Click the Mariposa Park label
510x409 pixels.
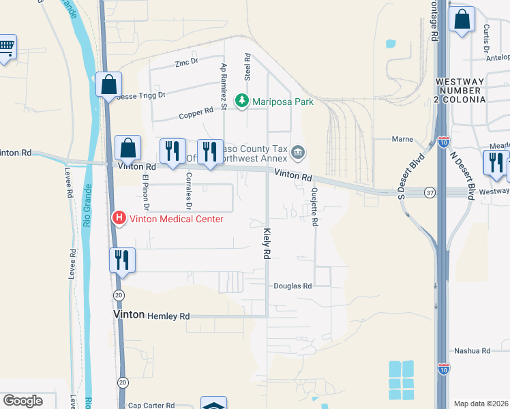[282, 102]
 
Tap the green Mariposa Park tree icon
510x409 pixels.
[241, 102]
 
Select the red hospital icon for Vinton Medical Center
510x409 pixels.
[119, 218]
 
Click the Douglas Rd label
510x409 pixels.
[292, 286]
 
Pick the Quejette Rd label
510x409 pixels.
[315, 207]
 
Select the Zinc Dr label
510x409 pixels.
[185, 62]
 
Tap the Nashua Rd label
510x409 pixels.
[475, 351]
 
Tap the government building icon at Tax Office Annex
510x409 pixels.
[299, 151]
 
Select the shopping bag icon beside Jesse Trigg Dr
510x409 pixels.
[108, 85]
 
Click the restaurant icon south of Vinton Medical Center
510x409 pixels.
[122, 260]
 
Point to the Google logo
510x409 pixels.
[23, 401]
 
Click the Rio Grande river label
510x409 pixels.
[87, 204]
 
